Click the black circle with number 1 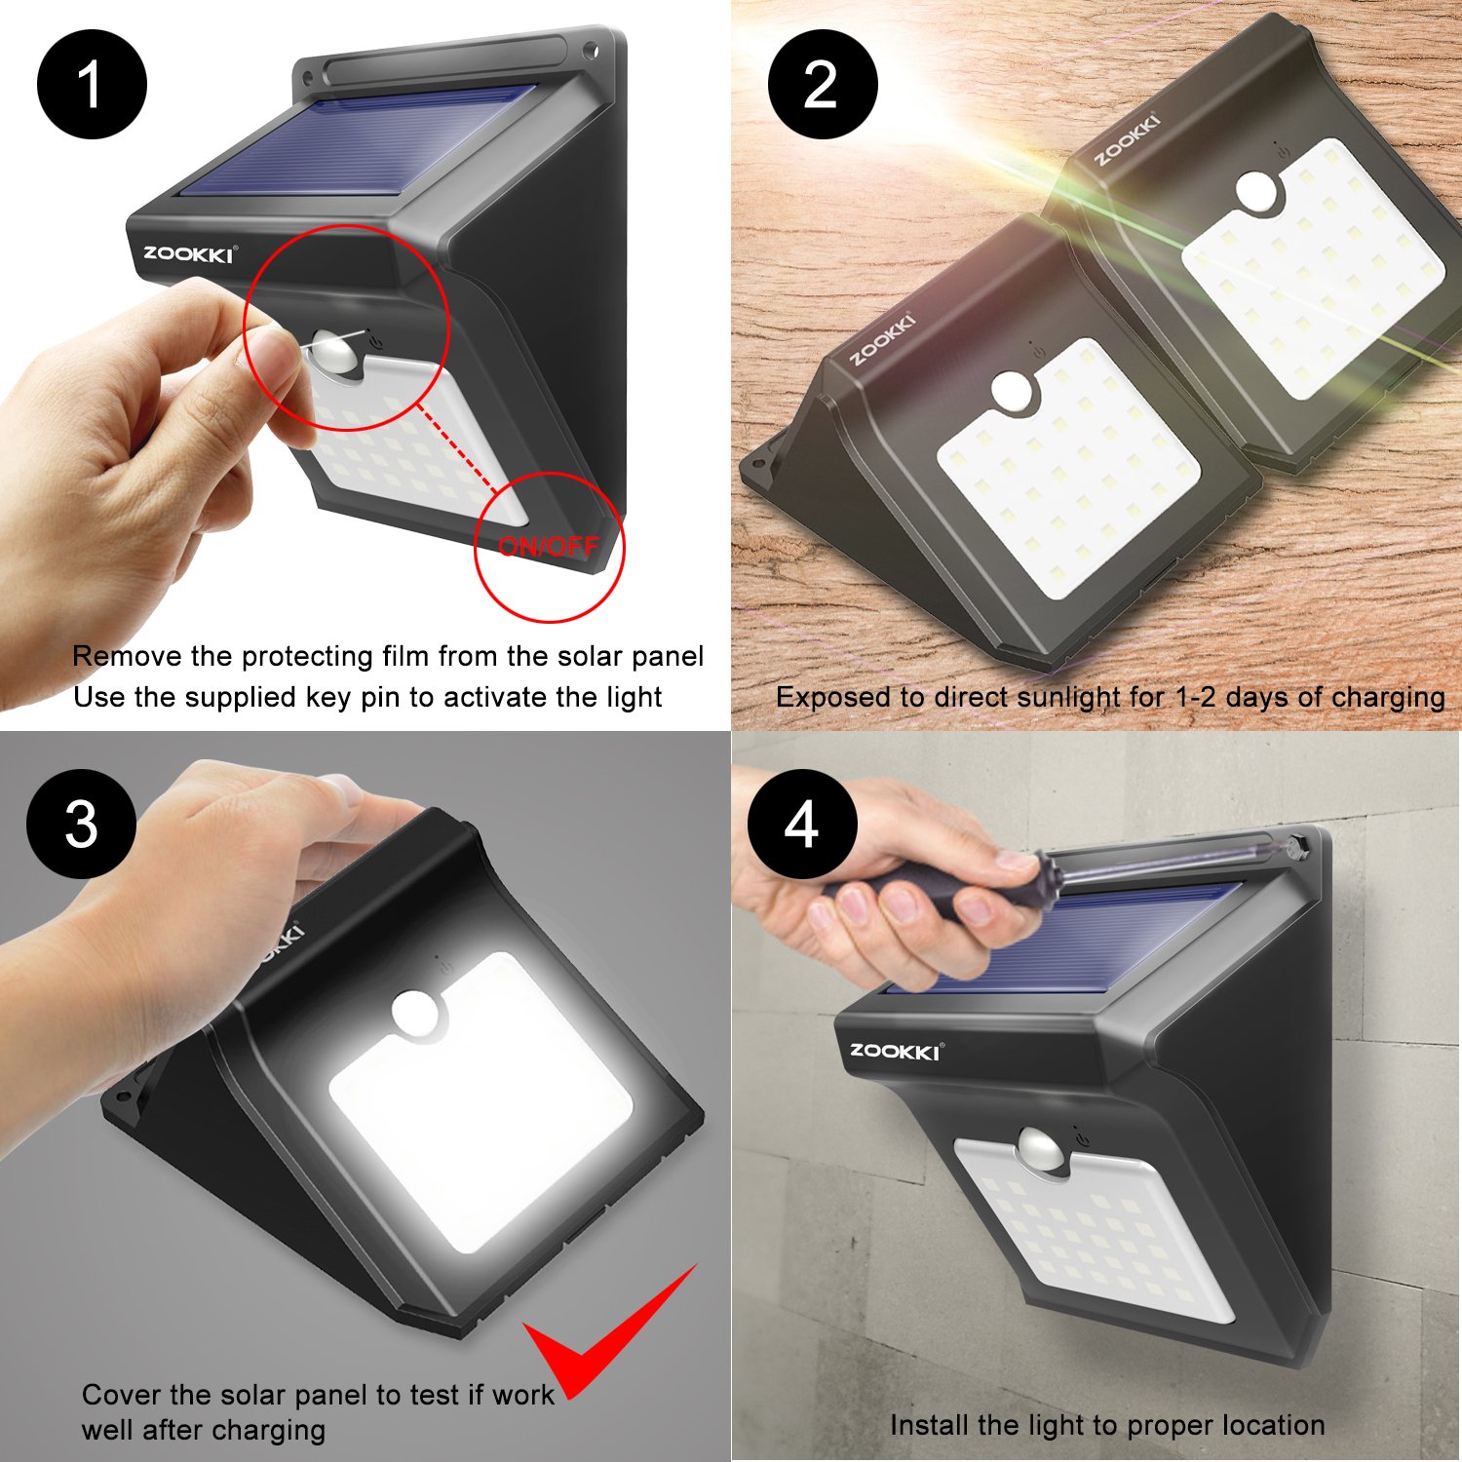(x=92, y=85)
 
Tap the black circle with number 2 (x=822, y=85)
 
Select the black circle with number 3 (x=81, y=824)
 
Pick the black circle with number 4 (x=801, y=825)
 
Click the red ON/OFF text (x=548, y=547)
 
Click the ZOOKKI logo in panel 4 (x=895, y=1051)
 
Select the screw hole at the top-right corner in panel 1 (x=592, y=49)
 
